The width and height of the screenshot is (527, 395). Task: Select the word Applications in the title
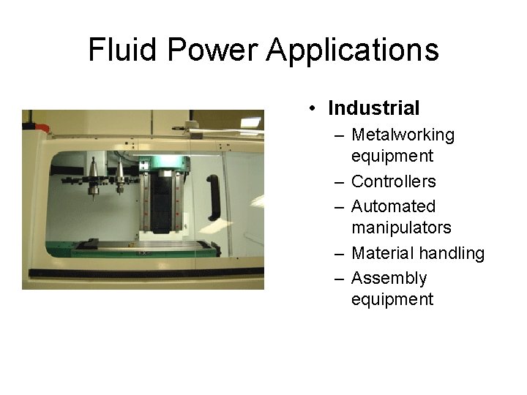coord(353,50)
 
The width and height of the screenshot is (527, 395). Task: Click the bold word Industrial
coord(374,108)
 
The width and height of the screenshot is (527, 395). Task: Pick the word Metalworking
coord(403,135)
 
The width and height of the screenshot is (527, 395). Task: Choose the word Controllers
coord(393,181)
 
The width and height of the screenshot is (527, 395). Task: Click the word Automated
coord(393,206)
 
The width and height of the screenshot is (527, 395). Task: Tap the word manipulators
coord(401,227)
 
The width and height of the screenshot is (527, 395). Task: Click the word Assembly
coord(389,278)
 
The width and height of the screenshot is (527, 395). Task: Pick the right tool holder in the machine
coord(119,178)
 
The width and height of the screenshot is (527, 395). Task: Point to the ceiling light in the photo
coord(250,121)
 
